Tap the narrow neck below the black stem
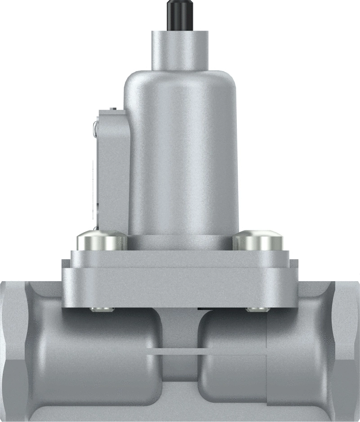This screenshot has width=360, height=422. pos(180,49)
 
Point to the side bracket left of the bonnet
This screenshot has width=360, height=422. pos(112,171)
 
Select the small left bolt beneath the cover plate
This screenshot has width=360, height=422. pos(102,309)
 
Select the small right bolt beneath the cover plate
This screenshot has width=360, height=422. pos(257,309)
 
